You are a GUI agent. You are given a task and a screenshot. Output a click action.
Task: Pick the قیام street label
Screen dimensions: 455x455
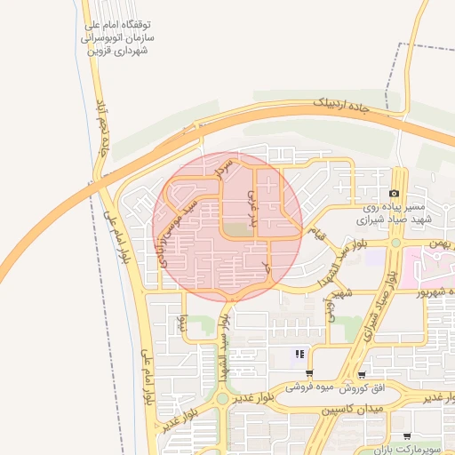(x=315, y=233)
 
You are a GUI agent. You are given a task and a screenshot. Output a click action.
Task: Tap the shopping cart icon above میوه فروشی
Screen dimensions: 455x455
(x=309, y=374)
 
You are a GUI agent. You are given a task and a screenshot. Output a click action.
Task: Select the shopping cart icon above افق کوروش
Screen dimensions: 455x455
(x=361, y=375)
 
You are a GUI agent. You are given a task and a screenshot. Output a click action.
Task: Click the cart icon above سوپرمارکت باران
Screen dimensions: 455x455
(x=407, y=436)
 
